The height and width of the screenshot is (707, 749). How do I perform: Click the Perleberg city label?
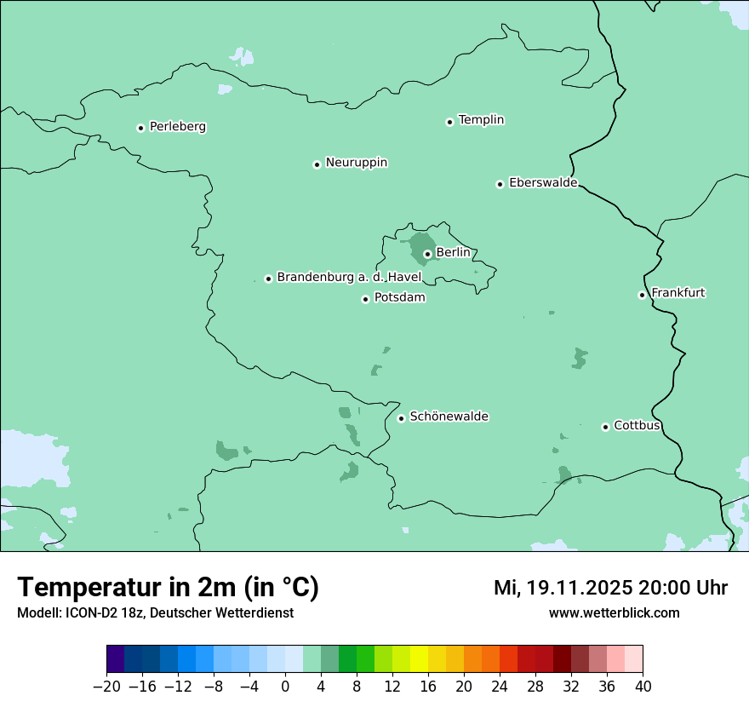click(178, 127)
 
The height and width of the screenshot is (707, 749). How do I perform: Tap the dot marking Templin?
click(449, 122)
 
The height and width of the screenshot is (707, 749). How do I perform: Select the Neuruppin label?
click(357, 163)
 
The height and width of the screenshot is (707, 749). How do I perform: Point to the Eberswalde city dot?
click(500, 184)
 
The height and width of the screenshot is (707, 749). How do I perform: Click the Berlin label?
click(453, 253)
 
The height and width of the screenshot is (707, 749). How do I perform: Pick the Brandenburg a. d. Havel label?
click(349, 278)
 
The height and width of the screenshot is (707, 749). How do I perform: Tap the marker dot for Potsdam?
click(365, 299)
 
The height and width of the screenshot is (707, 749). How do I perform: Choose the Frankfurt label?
click(678, 293)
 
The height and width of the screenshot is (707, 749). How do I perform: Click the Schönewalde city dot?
click(401, 418)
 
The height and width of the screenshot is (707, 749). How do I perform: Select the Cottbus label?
click(638, 426)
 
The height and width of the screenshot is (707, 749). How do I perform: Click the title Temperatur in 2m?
click(169, 588)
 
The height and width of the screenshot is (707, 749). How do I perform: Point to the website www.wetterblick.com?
click(615, 613)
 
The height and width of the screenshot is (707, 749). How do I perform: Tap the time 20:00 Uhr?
click(685, 588)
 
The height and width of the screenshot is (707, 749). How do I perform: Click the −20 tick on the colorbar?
click(107, 687)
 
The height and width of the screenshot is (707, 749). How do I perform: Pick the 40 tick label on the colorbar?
click(643, 687)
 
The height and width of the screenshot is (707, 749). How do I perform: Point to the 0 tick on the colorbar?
click(285, 687)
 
